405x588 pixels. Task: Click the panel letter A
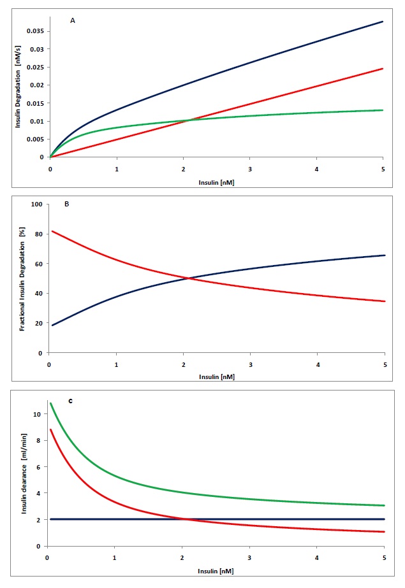click(73, 21)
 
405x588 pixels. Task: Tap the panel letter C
click(70, 400)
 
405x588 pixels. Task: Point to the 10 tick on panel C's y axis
click(40, 414)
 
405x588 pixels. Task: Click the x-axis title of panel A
click(215, 182)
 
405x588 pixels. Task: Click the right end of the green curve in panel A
click(383, 110)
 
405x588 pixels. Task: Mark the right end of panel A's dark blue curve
click(383, 22)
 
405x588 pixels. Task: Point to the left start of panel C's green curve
click(50, 403)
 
